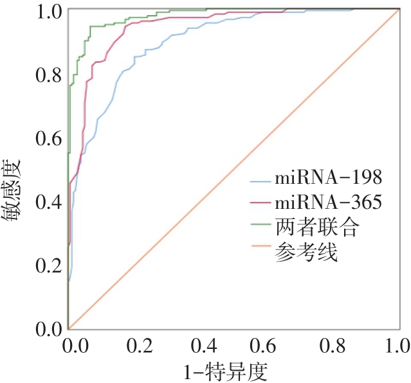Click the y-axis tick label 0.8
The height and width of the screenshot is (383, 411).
48,75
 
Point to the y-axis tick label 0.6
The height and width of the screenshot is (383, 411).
48,138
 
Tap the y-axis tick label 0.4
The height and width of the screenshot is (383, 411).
48,202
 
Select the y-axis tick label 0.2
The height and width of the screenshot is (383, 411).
48,265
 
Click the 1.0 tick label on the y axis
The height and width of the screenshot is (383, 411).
48,11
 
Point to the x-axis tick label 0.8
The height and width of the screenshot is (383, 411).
333,347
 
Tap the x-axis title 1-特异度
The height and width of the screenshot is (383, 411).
230,371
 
